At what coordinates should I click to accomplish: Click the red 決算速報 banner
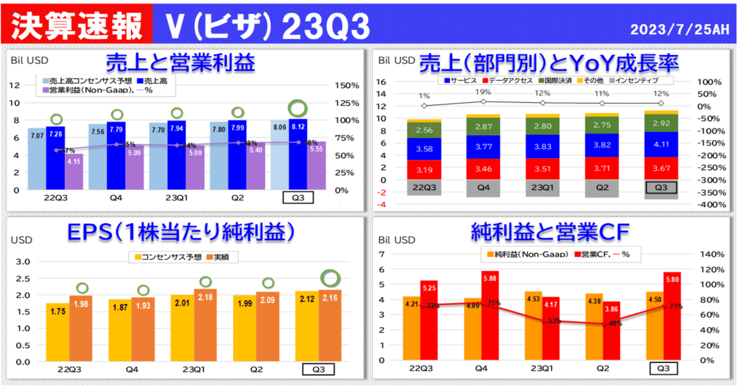pos(76,24)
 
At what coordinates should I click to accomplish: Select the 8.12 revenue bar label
pos(298,130)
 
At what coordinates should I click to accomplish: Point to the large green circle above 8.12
pos(298,107)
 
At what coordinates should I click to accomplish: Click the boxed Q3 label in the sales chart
pos(298,198)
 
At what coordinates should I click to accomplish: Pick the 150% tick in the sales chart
pos(347,85)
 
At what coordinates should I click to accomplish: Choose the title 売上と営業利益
pos(180,62)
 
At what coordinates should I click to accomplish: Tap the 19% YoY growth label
pos(483,92)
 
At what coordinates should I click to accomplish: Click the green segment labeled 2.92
pos(661,123)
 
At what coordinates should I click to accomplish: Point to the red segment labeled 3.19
pos(424,170)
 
